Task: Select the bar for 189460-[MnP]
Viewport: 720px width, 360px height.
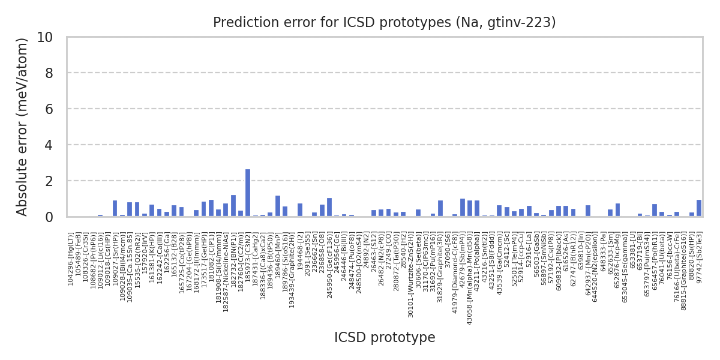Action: [x=277, y=206]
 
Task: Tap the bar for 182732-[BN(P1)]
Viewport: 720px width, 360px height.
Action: [x=233, y=206]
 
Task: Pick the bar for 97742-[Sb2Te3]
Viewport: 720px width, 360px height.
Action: [x=699, y=208]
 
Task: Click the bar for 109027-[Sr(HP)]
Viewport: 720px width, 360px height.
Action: [x=115, y=208]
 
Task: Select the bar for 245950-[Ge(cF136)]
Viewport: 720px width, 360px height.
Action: [x=329, y=207]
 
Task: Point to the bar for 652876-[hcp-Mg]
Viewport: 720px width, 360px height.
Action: [x=617, y=210]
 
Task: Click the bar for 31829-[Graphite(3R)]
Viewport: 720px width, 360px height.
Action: [x=440, y=208]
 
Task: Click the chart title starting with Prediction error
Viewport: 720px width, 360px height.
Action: [x=384, y=23]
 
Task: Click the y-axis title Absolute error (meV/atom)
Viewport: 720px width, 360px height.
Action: [x=23, y=127]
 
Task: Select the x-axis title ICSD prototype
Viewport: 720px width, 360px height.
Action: [x=385, y=338]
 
